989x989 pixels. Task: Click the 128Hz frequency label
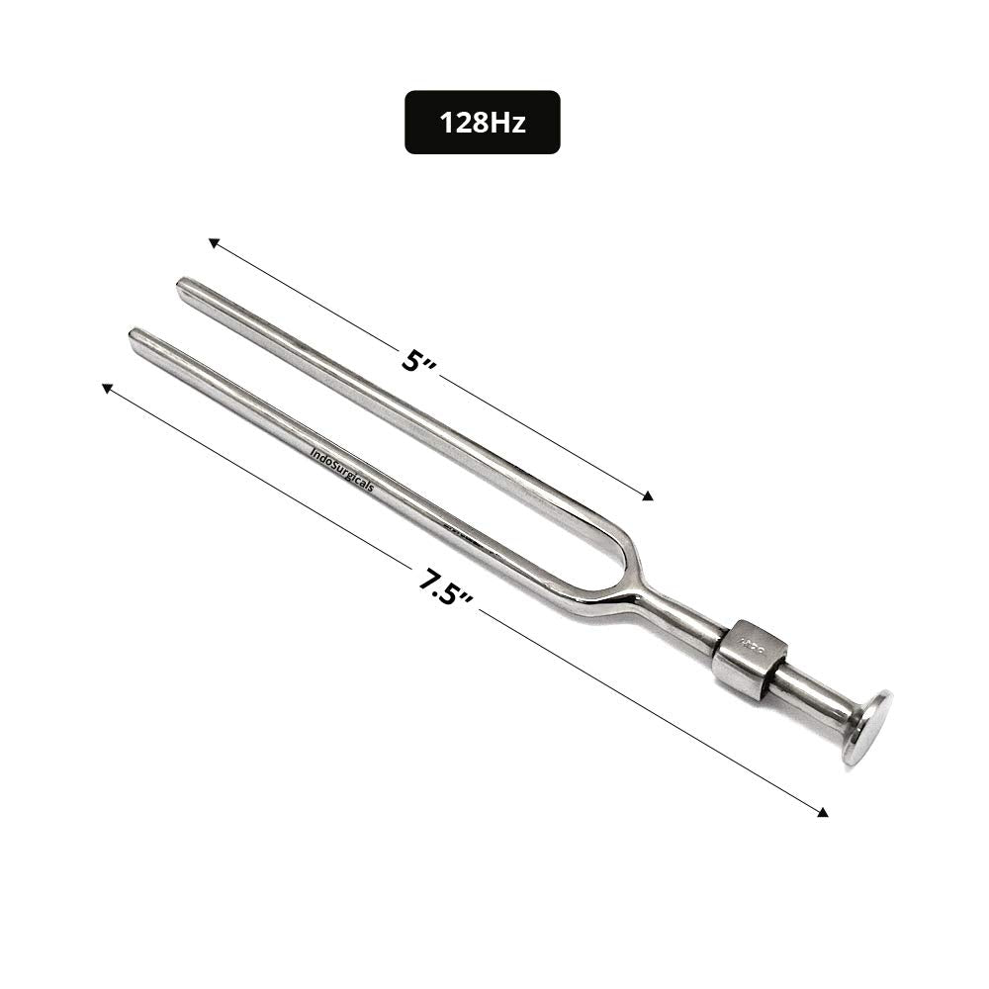tap(482, 123)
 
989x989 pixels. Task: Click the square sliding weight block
tap(750, 658)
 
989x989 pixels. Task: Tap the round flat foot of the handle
tap(868, 726)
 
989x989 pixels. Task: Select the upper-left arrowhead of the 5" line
tap(212, 241)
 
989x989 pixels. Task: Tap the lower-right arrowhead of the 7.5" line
tap(823, 813)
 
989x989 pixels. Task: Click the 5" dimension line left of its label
tap(307, 298)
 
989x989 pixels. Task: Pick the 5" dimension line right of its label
tap(544, 435)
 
